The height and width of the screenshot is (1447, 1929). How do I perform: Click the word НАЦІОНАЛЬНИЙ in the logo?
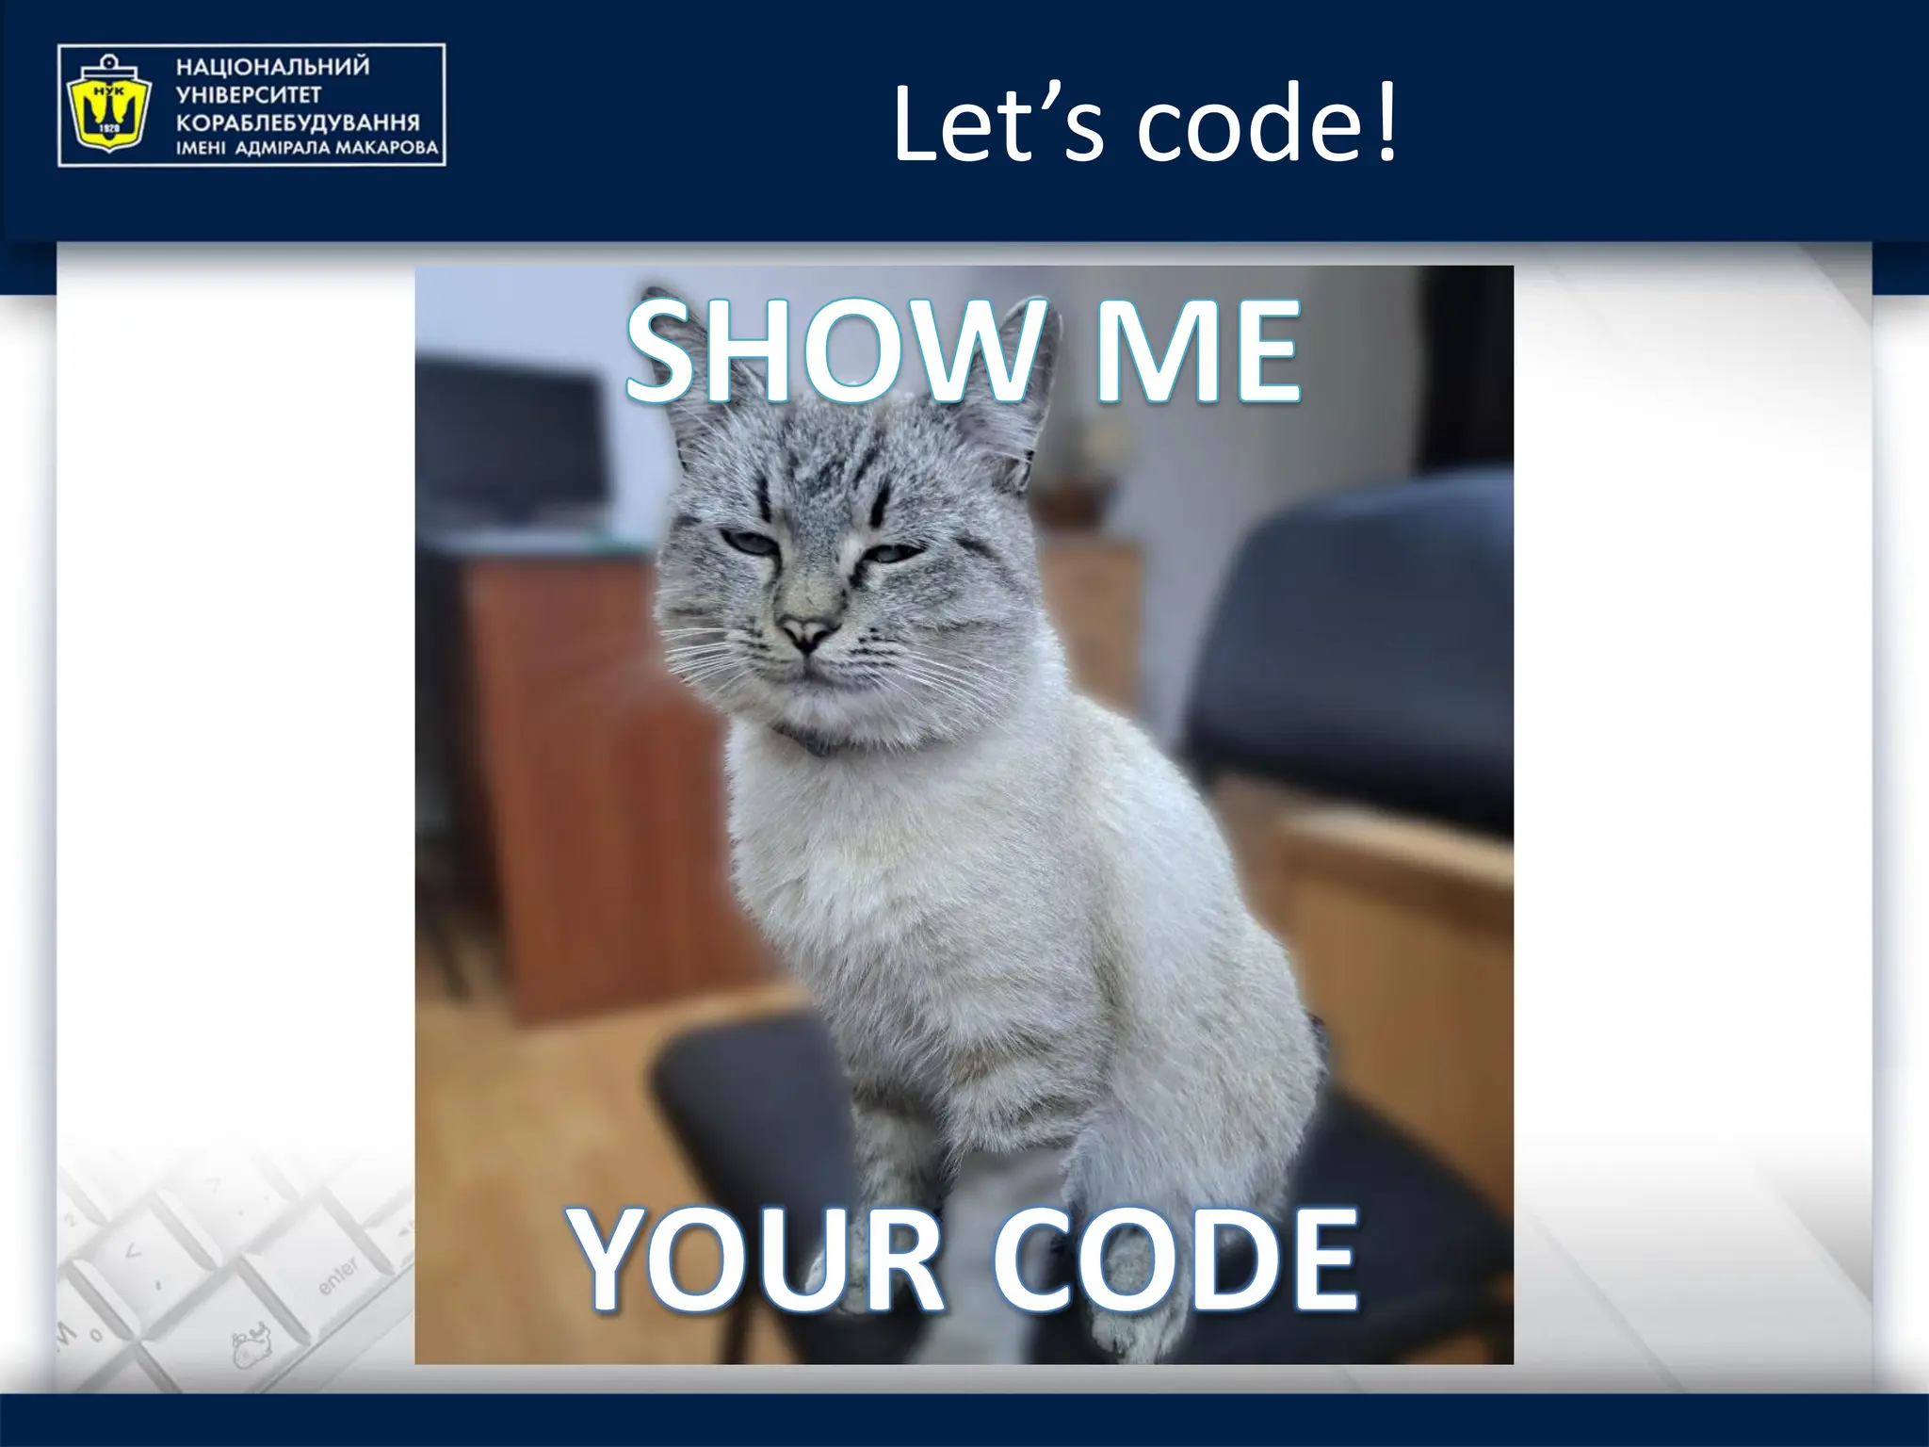pyautogui.click(x=272, y=68)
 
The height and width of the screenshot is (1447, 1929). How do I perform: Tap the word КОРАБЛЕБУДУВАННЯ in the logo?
pyautogui.click(x=298, y=123)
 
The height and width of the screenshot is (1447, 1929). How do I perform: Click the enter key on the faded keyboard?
pyautogui.click(x=337, y=1276)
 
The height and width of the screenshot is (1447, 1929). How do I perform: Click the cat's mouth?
pyautogui.click(x=808, y=670)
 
